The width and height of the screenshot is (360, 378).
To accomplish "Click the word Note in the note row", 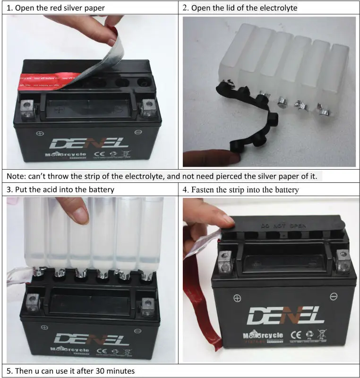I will [17, 177].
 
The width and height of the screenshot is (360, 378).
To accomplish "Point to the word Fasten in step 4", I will [203, 190].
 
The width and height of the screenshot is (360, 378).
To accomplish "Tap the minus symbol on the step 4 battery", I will [334, 296].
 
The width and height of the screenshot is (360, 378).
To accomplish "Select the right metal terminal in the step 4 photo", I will [343, 258].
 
